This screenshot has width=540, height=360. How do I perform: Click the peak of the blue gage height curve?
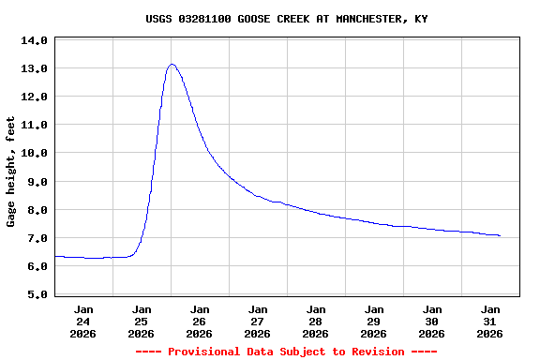click(x=172, y=64)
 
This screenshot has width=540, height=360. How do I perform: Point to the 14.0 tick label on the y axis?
click(x=34, y=40)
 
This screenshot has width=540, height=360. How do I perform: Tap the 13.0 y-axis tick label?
click(x=34, y=68)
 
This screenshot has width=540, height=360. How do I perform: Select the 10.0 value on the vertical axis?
click(x=34, y=153)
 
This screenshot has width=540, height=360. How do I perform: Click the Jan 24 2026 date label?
click(x=83, y=321)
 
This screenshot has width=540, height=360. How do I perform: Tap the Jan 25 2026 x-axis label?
click(x=142, y=321)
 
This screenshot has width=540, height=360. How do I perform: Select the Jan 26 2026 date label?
click(x=200, y=321)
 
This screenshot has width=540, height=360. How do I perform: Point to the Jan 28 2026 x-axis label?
click(x=316, y=321)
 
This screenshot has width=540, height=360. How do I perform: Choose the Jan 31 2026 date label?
click(x=490, y=321)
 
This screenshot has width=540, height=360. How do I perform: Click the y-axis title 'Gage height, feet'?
click(x=11, y=172)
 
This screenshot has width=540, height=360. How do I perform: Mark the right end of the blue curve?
click(x=500, y=235)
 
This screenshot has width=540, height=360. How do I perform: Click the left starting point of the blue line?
click(x=55, y=256)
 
